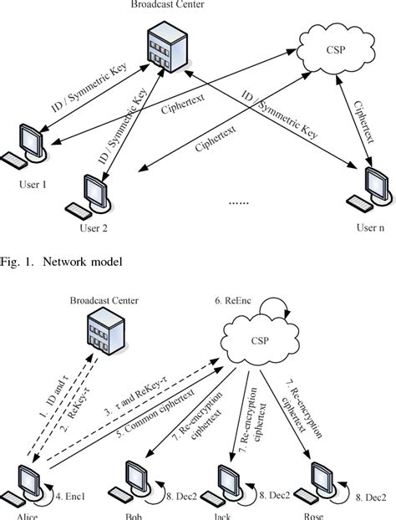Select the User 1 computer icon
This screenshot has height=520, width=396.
point(25,144)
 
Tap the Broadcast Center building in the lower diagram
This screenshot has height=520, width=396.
point(100,334)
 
